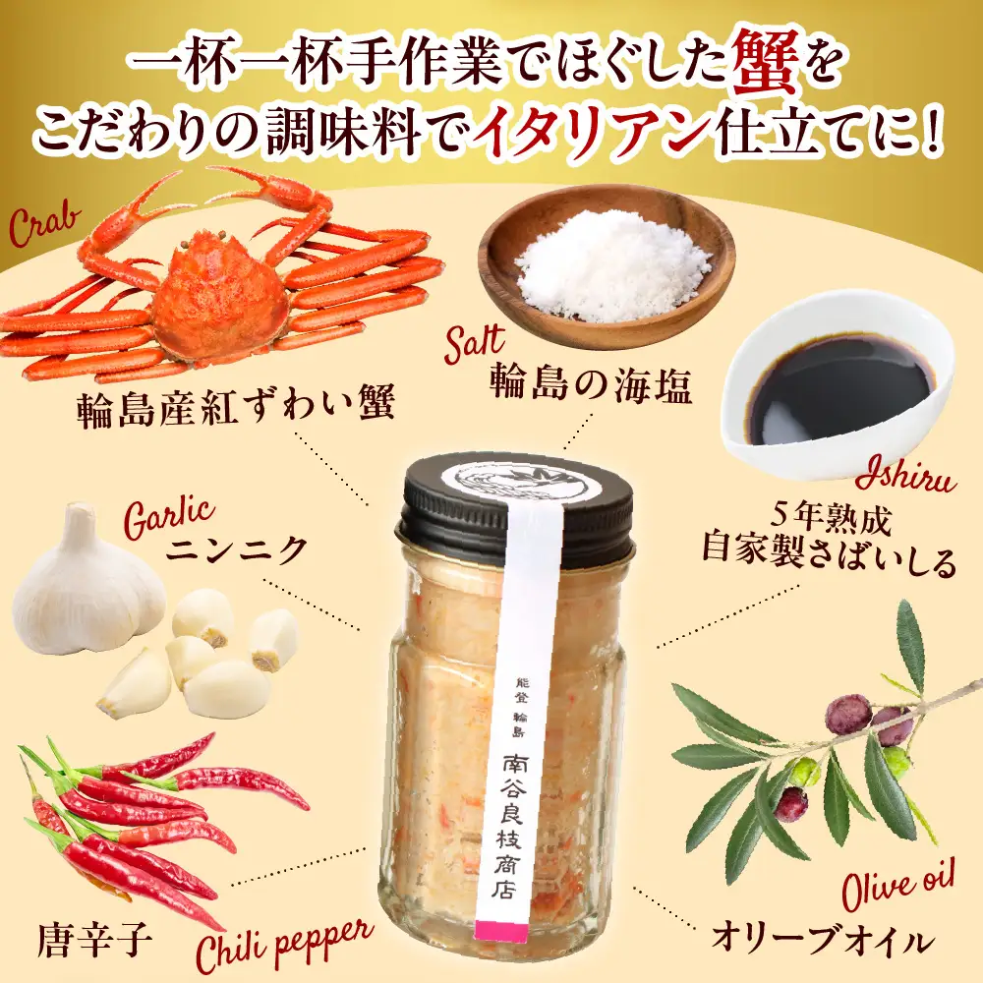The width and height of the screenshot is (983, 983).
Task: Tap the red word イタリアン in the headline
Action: [594, 134]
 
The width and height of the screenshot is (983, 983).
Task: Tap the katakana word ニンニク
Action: [236, 550]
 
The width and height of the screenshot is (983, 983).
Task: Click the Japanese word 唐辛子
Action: [95, 939]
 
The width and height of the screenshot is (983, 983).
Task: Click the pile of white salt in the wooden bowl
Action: [611, 266]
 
